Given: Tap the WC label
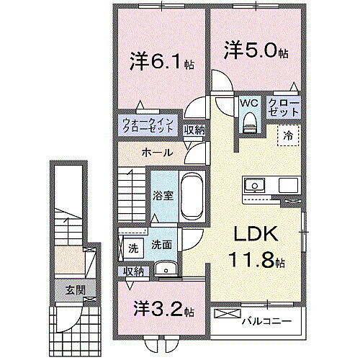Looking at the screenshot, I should pos(249,103).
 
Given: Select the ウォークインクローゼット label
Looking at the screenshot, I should pos(147,126).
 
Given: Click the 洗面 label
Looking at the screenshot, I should pos(161,245).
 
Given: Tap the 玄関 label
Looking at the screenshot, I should pos(67,290).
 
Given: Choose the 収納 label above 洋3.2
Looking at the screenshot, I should pos(133,271).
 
